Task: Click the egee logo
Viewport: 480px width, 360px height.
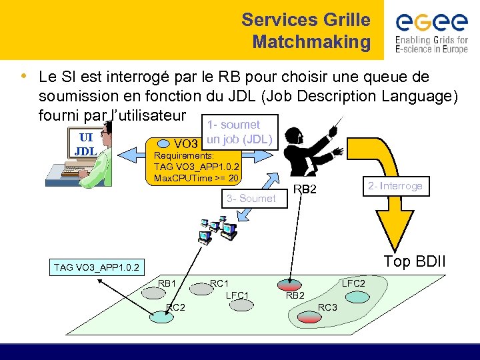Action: click(431, 31)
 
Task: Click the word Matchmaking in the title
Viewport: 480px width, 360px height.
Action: click(311, 42)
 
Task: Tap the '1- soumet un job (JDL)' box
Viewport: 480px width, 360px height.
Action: click(239, 132)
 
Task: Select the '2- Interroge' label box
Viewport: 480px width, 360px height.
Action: click(394, 186)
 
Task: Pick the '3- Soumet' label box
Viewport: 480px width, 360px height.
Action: click(251, 198)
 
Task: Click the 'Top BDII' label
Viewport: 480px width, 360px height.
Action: click(414, 261)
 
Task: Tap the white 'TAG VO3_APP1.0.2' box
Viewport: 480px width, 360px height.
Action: click(96, 267)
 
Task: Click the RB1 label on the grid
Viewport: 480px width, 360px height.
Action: click(167, 283)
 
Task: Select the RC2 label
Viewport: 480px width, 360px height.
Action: click(175, 307)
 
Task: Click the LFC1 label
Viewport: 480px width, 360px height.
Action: click(237, 295)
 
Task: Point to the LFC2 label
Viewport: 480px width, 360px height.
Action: click(353, 283)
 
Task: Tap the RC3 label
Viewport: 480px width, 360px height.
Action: click(328, 307)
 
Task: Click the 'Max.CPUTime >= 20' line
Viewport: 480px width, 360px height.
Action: click(196, 178)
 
